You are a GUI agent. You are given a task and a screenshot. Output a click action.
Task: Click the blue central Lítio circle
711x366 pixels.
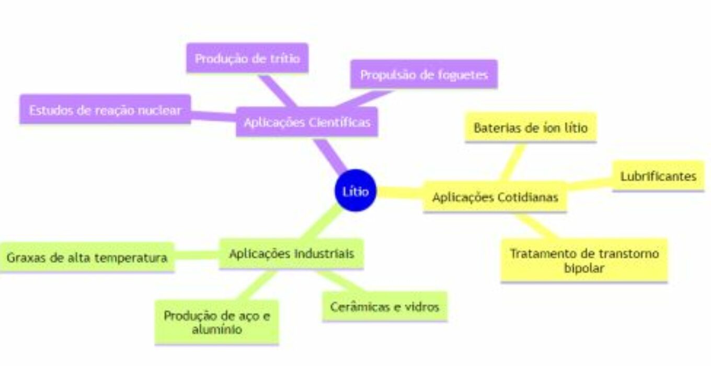pos(355,190)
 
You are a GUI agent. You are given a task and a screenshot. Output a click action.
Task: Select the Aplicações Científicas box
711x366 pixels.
pos(307,122)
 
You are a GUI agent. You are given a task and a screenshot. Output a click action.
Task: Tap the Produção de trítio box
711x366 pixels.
pos(247,58)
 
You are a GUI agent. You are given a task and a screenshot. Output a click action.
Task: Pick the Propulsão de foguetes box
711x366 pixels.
pos(424,74)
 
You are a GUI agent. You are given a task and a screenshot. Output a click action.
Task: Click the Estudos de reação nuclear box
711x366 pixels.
pos(105,109)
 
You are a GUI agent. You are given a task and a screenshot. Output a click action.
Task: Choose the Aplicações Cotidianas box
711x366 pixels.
pos(495,197)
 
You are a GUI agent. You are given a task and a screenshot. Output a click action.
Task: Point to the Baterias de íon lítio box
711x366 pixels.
pos(531,127)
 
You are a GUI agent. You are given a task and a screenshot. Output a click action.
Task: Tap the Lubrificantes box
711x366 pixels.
pos(658,176)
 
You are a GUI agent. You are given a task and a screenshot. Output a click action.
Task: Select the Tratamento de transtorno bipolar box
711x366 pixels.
pos(584,260)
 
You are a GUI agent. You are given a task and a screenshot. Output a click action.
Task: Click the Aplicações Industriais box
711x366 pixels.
pos(291,254)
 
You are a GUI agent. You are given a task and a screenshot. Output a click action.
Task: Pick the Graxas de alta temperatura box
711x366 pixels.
pos(87,257)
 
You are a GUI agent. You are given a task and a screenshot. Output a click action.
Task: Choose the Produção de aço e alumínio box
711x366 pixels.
pos(217,322)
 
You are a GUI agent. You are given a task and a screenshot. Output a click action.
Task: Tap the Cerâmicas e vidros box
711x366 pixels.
pos(385,306)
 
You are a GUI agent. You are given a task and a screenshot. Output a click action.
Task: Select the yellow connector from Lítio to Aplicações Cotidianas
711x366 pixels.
pos(400,192)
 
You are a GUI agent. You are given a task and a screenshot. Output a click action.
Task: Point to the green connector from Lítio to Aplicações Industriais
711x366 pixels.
pos(320,222)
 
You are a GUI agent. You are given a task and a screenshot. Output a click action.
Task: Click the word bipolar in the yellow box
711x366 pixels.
pos(584,268)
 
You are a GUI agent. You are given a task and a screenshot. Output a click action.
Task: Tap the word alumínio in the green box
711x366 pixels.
pos(217,329)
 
